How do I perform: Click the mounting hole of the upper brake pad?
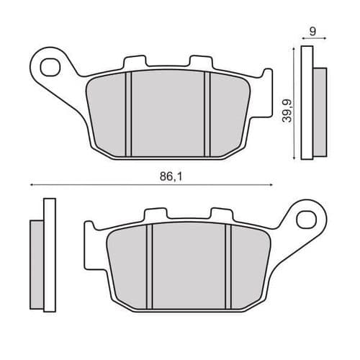[50, 67]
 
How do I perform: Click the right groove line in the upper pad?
[207, 114]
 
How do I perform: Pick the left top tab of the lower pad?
[154, 215]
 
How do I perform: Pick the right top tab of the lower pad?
[219, 215]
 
